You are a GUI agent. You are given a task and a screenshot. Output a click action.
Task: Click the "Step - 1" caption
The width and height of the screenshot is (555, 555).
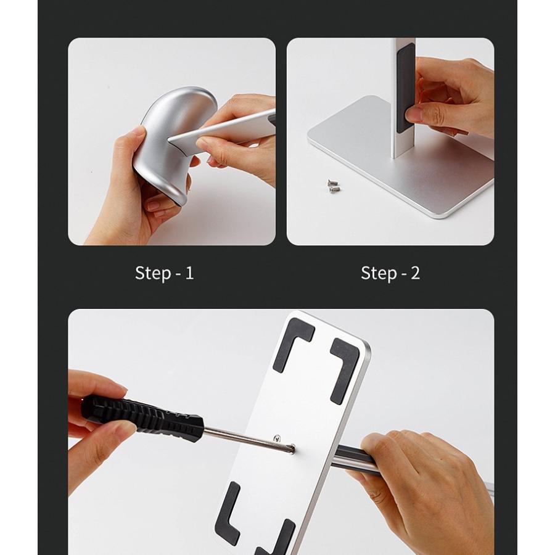coord(164,273)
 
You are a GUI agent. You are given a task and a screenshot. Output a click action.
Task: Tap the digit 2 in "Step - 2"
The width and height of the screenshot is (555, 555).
coord(415,273)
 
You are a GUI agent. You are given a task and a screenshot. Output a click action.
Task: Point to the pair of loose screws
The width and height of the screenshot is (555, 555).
coord(333,186)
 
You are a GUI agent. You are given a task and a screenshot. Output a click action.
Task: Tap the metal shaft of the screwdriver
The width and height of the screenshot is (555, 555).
coord(248,439)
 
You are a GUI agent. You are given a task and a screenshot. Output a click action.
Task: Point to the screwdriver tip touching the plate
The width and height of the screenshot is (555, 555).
coord(292,449)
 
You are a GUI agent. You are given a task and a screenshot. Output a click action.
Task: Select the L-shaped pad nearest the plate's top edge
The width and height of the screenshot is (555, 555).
coord(292,343)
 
